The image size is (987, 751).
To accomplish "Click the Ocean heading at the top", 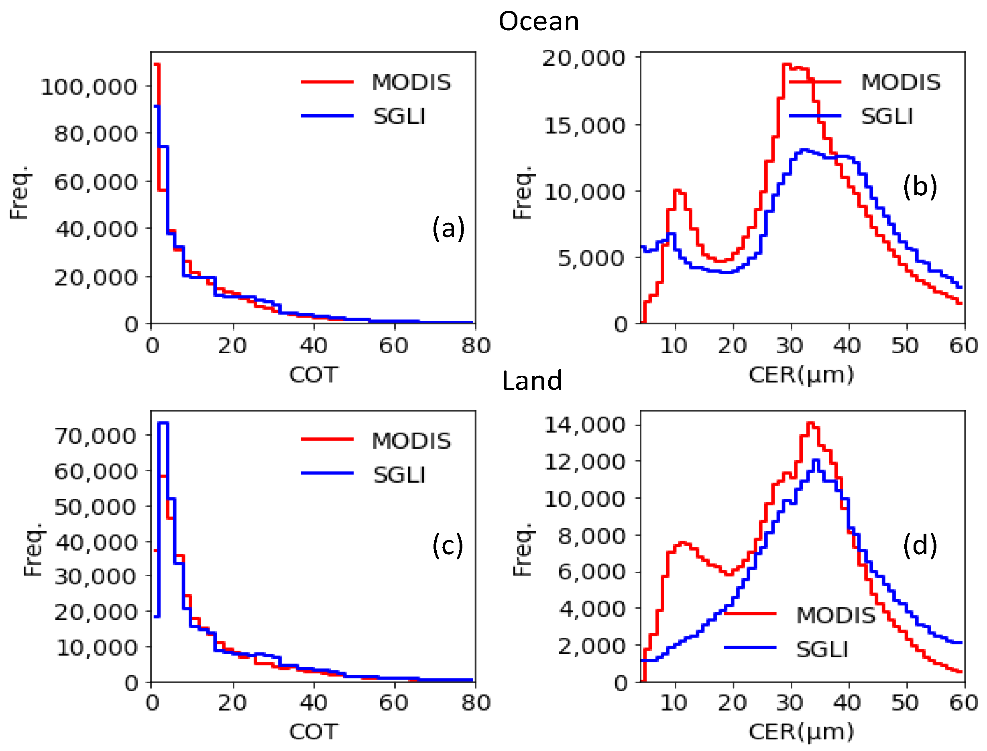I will tap(538, 22).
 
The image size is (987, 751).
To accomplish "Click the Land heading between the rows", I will tap(531, 381).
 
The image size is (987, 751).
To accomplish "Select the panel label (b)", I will tap(920, 186).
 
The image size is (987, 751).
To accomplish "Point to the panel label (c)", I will tap(447, 545).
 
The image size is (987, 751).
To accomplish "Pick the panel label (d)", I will tap(920, 545).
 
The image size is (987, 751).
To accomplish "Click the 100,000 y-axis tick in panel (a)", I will tap(89, 86).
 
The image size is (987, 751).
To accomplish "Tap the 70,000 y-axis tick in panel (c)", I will tap(95, 436).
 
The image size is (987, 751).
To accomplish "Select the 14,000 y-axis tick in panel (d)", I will tap(584, 425).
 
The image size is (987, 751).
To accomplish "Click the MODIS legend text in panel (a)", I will tap(411, 82).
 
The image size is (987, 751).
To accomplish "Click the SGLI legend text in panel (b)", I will tap(886, 117).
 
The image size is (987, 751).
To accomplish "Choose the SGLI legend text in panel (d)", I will tap(822, 650).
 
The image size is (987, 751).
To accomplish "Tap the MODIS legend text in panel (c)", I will tap(411, 441).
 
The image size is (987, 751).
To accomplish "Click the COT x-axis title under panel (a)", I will tap(313, 374).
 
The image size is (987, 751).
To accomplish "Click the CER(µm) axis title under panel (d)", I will tap(801, 732).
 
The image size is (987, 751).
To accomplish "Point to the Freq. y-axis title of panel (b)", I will tap(522, 192).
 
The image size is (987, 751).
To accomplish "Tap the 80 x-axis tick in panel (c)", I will tap(476, 703).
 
